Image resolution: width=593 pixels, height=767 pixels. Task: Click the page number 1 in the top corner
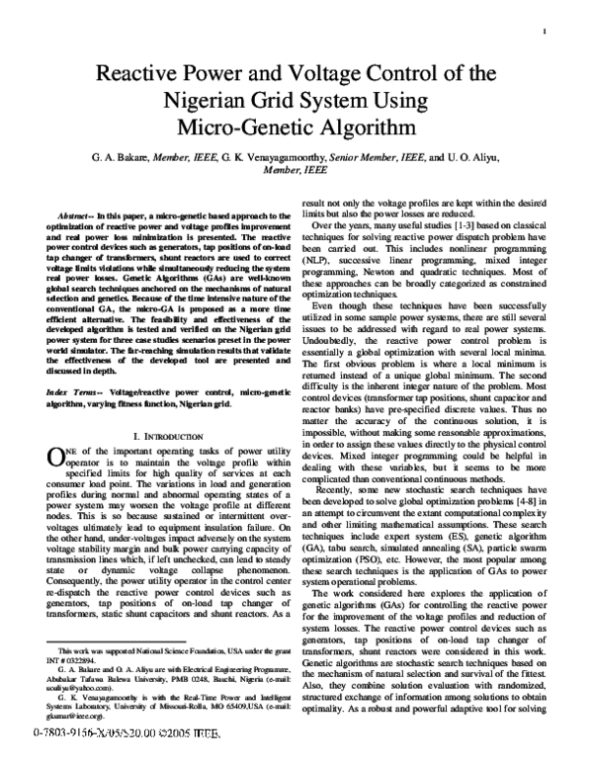[x=546, y=31]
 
